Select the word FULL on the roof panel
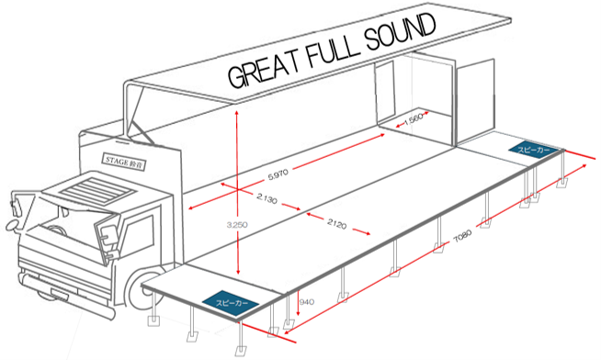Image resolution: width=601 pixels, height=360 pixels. tap(333, 50)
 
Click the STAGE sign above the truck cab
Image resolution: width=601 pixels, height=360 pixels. tap(124, 162)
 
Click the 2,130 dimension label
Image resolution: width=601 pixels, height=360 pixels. tap(266, 198)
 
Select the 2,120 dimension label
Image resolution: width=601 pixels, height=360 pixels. tap(336, 224)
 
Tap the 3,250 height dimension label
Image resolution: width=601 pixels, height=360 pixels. tap(237, 225)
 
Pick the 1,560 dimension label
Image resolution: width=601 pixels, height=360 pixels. tap(414, 119)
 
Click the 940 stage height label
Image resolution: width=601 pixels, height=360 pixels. tap(307, 302)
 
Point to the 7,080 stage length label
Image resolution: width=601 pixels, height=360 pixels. tap(462, 236)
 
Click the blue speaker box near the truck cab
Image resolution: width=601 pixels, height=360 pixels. tap(231, 304)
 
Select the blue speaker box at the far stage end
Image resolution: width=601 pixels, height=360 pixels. tap(534, 150)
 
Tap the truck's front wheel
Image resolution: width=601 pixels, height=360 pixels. tap(145, 289)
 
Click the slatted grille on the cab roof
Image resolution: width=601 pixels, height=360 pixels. tap(97, 188)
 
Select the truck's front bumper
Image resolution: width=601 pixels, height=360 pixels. tap(62, 287)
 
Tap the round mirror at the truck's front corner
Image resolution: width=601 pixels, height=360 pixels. tap(12, 226)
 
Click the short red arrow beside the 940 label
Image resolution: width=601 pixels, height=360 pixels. tap(298, 302)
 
